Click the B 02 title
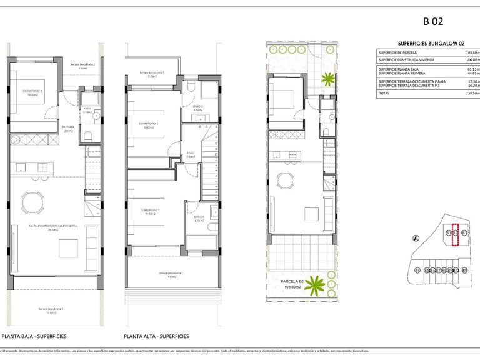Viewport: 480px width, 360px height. [x=433, y=21]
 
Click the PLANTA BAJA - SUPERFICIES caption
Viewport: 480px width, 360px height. [x=34, y=336]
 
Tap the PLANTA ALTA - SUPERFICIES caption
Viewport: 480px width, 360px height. [x=156, y=336]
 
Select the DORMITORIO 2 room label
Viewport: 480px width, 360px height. [x=149, y=124]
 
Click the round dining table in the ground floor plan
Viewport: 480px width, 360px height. [x=32, y=202]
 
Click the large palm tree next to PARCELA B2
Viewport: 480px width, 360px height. [x=316, y=286]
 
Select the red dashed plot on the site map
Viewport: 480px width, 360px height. [x=456, y=236]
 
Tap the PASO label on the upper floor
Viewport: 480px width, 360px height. [x=191, y=154]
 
